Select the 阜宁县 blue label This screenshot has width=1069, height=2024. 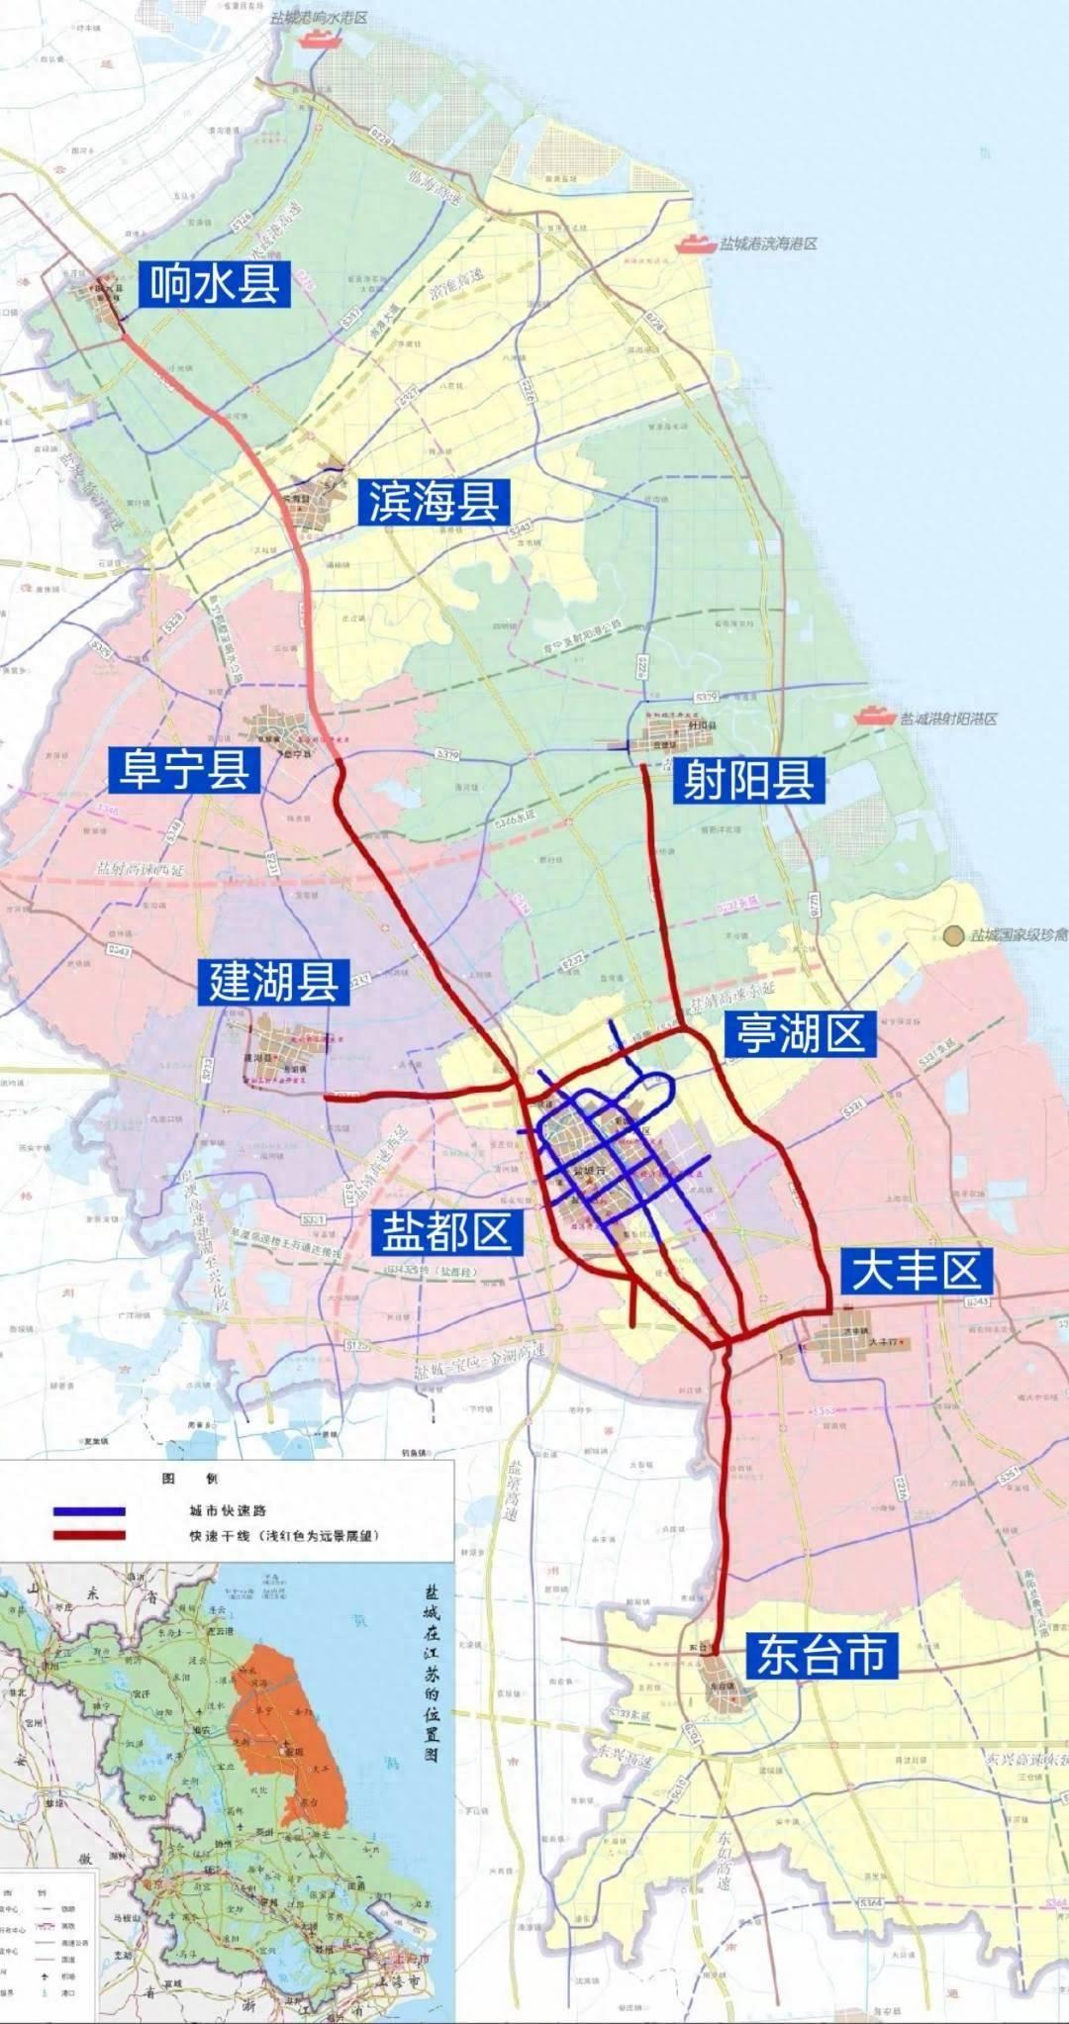click(x=185, y=769)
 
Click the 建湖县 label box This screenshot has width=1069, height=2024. click(x=273, y=980)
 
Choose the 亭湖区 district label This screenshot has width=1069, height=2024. click(x=799, y=1034)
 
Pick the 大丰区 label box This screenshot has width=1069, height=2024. click(x=917, y=1270)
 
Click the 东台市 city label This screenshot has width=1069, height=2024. click(x=822, y=1654)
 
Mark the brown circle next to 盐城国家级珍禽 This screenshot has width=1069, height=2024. click(x=953, y=934)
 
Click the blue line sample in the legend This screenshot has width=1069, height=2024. click(x=89, y=1511)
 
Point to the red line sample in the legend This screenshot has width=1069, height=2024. click(x=89, y=1535)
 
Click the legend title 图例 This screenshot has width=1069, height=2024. click(x=190, y=1478)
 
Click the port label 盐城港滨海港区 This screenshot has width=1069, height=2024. click(x=769, y=243)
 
